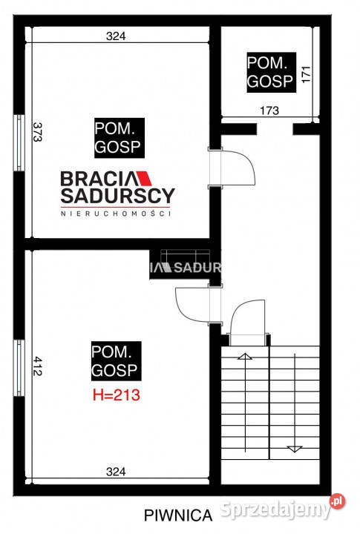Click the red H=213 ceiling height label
pyautogui.click(x=116, y=395)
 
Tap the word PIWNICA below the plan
pyautogui.click(x=180, y=513)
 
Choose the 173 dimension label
pyautogui.click(x=269, y=111)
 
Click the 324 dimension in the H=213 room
pyautogui.click(x=115, y=471)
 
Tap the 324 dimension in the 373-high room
pyautogui.click(x=115, y=36)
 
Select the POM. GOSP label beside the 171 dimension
pyautogui.click(x=271, y=73)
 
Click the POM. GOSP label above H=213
pyautogui.click(x=115, y=360)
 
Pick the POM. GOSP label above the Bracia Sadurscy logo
pyautogui.click(x=119, y=137)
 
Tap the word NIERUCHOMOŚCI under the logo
pyautogui.click(x=116, y=214)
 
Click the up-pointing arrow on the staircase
pyautogui.click(x=243, y=360)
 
